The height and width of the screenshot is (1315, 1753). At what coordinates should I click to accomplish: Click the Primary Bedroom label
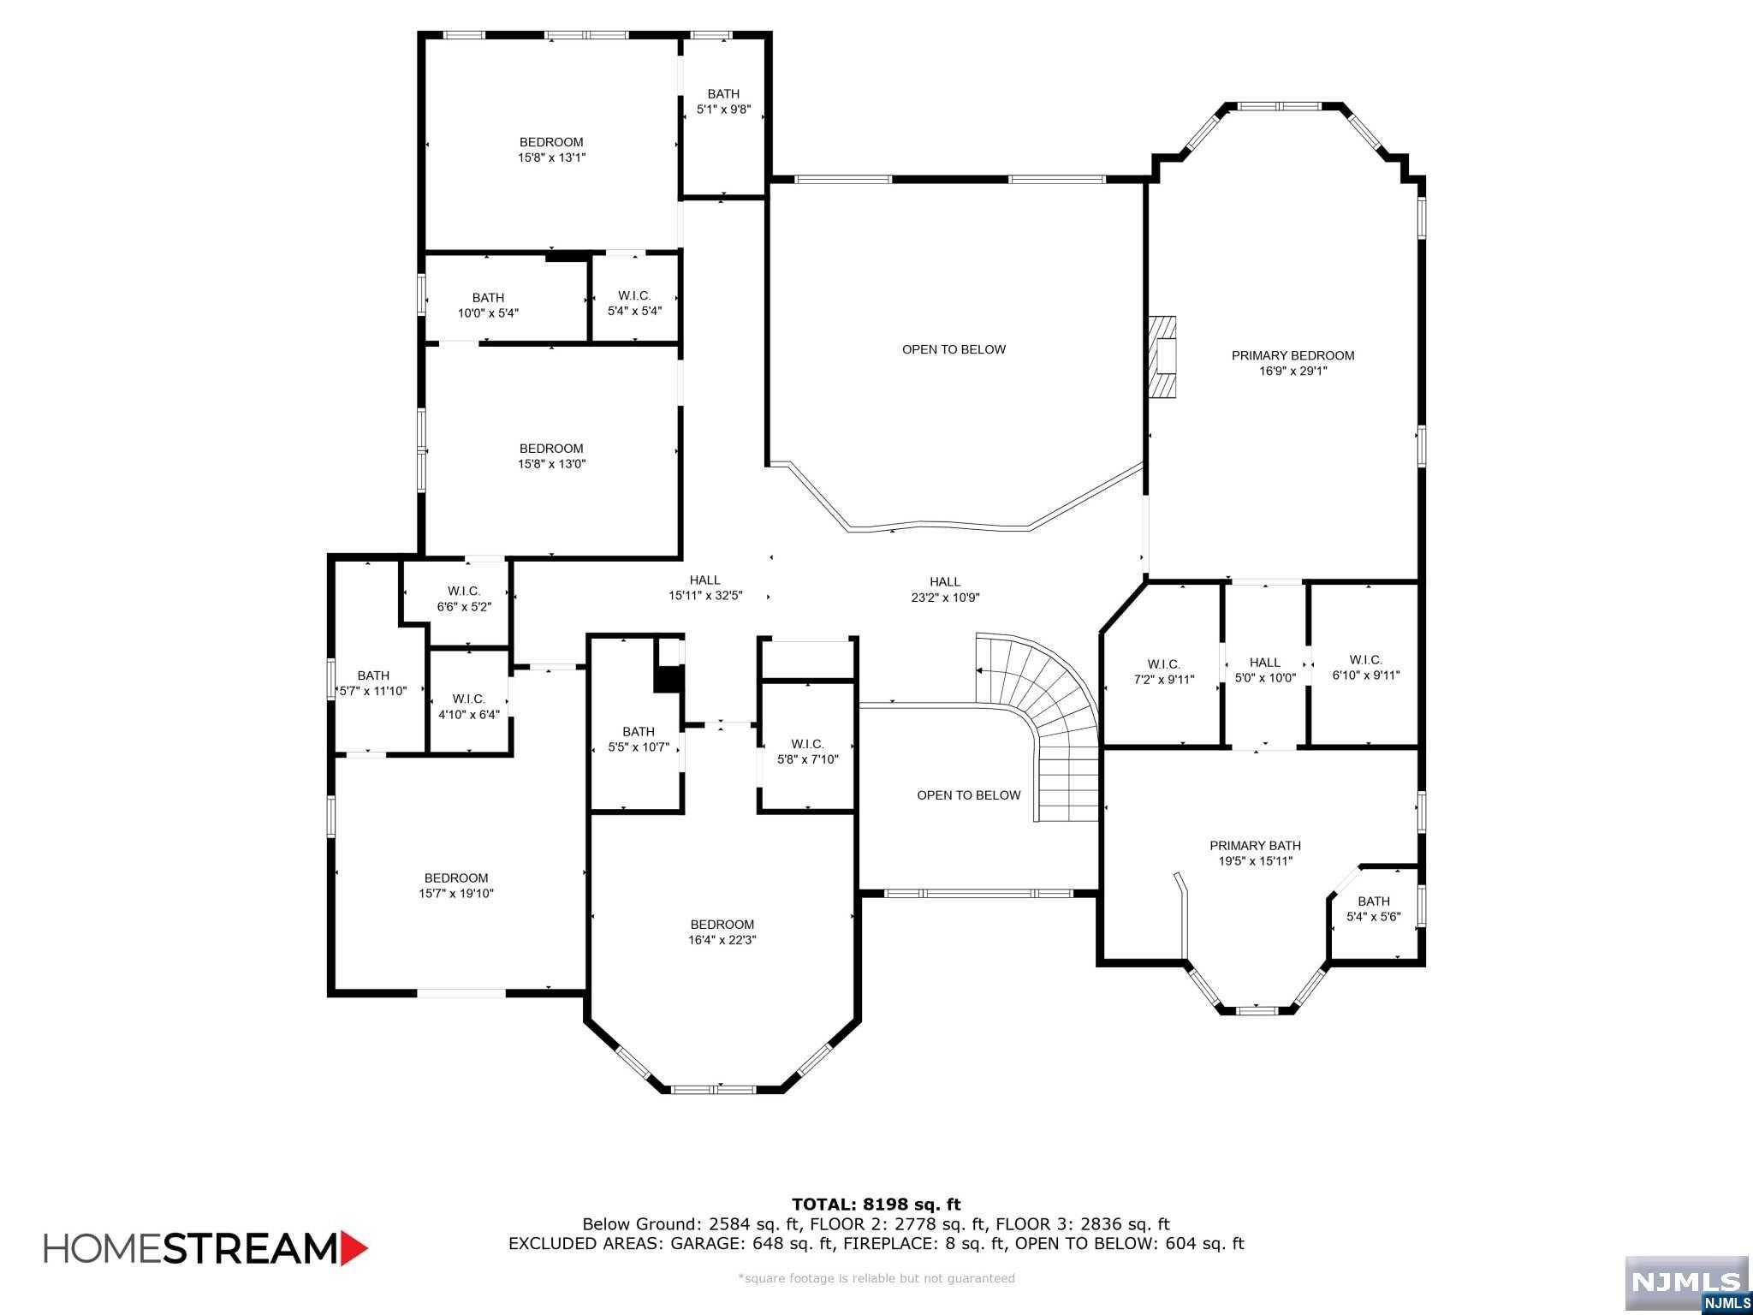pos(1292,355)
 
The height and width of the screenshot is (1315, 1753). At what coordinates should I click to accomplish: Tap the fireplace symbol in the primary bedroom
pos(1162,357)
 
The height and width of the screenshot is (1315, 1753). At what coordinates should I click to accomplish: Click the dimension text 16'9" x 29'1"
pos(1292,372)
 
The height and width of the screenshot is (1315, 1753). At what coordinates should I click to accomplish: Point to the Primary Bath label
pos(1255,846)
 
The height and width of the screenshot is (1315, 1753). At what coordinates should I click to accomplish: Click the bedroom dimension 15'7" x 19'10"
pos(456,894)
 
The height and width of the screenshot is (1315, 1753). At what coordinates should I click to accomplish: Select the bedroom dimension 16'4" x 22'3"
pos(722,940)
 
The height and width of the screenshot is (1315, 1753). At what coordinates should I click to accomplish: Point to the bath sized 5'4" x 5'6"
pos(1373,908)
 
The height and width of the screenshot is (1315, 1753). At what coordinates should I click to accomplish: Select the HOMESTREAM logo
pos(205,1247)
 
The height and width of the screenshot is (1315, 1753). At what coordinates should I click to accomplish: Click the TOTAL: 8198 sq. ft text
pos(876,1205)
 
